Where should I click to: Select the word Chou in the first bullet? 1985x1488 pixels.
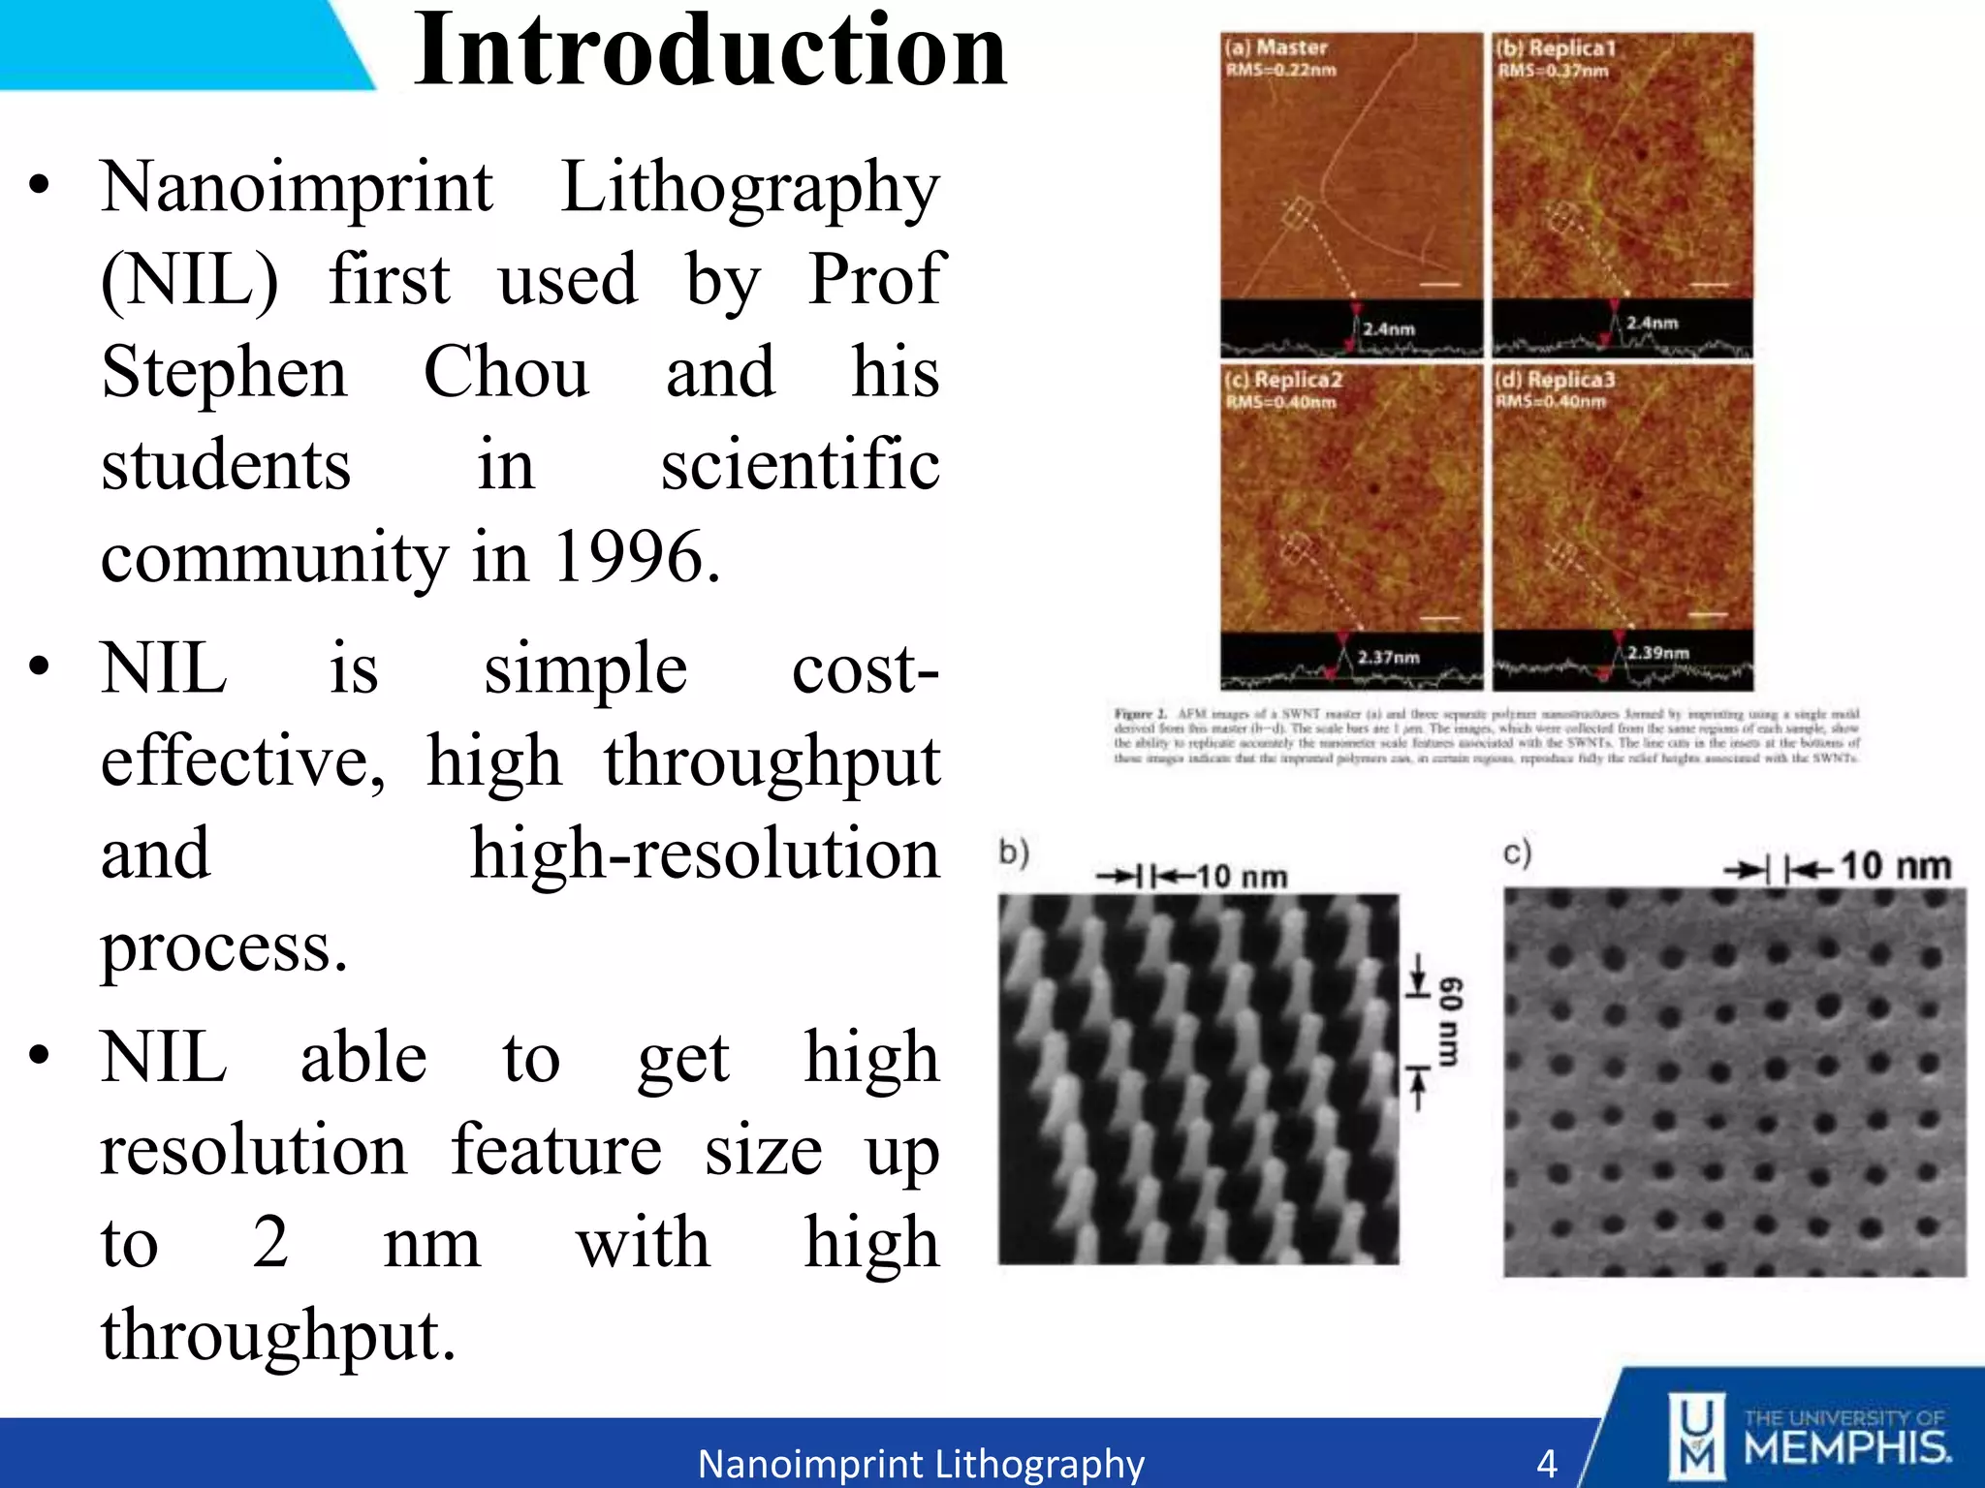506,372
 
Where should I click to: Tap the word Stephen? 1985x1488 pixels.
224,372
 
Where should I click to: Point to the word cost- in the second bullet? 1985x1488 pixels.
865,669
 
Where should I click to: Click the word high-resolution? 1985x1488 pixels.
705,854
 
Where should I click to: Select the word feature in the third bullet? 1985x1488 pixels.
556,1150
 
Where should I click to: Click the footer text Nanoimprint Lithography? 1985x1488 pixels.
921,1464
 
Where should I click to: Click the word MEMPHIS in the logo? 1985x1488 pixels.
1847,1449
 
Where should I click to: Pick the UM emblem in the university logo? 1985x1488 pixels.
1695,1437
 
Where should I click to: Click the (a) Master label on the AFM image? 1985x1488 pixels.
1276,47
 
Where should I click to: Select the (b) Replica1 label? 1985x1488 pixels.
1555,47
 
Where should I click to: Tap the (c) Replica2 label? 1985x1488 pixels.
1283,380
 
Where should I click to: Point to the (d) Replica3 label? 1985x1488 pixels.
1555,380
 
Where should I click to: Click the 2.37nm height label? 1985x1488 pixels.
1388,658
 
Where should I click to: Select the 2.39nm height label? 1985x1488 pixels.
1657,653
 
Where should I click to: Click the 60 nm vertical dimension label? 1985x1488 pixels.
1449,1021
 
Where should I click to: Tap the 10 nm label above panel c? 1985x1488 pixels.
1895,866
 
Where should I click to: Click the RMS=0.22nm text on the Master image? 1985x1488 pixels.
1281,70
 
